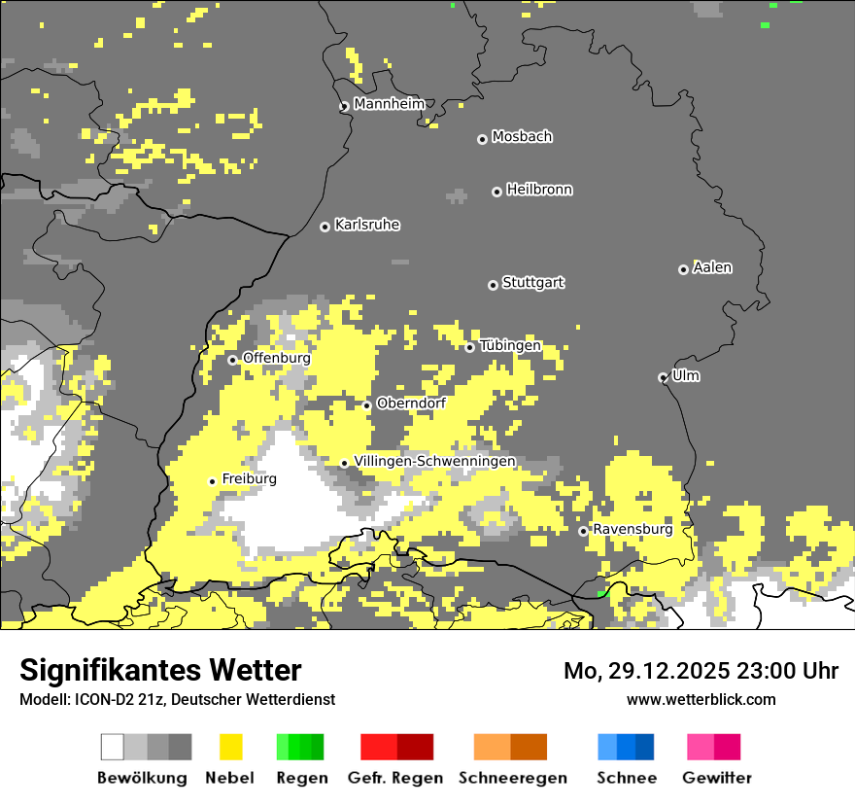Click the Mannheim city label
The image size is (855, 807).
click(389, 104)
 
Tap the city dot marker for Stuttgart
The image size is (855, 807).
click(493, 285)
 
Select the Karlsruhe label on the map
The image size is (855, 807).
click(367, 225)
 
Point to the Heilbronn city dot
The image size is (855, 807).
click(496, 192)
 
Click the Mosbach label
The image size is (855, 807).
click(522, 137)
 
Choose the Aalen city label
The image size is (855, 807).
click(712, 267)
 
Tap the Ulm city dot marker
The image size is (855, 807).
click(663, 377)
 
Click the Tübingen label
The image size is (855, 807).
click(510, 346)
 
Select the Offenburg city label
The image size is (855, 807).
click(277, 358)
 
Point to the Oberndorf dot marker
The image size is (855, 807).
click(366, 405)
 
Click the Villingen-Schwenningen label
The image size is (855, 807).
click(434, 461)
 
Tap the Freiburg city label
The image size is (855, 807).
click(249, 479)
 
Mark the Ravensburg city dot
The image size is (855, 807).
click(583, 531)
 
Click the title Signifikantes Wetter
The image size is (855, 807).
click(160, 670)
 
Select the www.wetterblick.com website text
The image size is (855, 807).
click(701, 699)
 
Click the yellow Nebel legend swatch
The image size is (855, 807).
click(230, 747)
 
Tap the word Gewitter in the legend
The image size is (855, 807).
click(717, 778)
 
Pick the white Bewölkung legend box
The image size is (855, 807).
click(113, 747)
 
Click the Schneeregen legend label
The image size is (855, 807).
click(513, 778)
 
